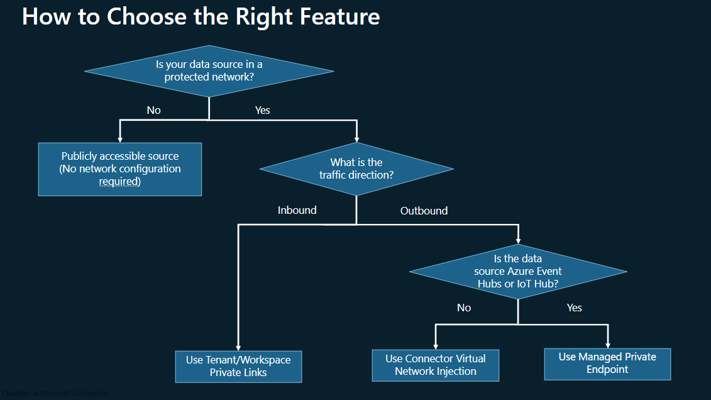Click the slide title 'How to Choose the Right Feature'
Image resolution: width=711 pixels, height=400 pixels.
click(201, 16)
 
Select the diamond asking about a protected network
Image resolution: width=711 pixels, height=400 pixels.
click(209, 71)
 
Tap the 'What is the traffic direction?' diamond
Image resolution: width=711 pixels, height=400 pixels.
click(356, 169)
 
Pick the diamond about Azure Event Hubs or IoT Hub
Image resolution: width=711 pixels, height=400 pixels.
click(518, 272)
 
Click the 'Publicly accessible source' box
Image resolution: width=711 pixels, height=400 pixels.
click(120, 169)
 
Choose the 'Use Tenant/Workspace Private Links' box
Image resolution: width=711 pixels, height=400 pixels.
click(238, 367)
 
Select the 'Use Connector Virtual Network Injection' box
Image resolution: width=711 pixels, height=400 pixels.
click(436, 365)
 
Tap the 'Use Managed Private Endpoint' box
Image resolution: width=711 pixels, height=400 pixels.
click(607, 364)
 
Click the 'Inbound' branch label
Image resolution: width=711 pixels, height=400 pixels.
click(297, 210)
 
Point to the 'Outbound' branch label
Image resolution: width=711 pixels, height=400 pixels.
click(424, 211)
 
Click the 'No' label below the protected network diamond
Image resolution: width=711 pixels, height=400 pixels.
click(153, 110)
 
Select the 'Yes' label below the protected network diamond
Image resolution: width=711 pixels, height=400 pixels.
click(262, 110)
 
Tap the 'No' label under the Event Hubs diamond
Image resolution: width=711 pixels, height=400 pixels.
click(464, 308)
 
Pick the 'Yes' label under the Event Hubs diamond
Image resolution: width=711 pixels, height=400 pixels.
click(574, 308)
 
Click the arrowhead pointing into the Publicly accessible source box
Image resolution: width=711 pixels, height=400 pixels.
click(119, 139)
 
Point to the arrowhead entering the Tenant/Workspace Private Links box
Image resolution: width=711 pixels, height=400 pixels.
click(238, 347)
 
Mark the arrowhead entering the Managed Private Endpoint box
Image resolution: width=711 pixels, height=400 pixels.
click(608, 345)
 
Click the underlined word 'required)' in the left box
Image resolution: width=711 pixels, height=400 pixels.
click(119, 182)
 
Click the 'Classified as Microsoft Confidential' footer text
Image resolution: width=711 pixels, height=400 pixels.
click(55, 394)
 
